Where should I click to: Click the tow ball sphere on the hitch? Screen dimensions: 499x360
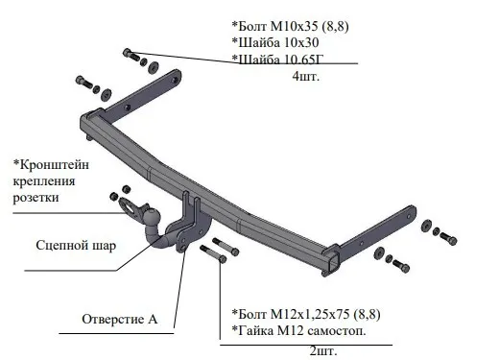[151, 216]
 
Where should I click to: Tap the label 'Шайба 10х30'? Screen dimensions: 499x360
[275, 42]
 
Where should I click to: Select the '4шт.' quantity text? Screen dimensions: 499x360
[306, 77]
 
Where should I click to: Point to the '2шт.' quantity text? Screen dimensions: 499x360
[323, 351]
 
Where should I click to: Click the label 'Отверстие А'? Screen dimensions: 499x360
[120, 319]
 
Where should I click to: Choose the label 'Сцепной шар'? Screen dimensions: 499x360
[76, 246]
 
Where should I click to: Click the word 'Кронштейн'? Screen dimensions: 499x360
[51, 165]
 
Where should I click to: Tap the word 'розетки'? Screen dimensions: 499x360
[36, 198]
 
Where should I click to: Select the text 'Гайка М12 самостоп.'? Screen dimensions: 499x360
[298, 330]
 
